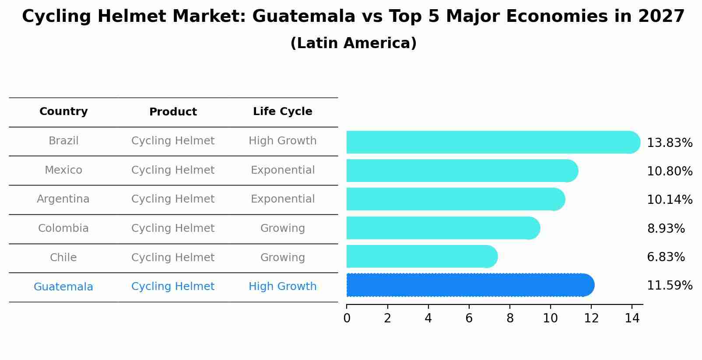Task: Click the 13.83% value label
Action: pos(669,143)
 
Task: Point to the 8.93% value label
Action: pos(666,228)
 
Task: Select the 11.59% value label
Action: pos(669,286)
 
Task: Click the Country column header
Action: pos(63,112)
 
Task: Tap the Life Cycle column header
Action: pos(282,112)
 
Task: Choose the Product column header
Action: pos(173,112)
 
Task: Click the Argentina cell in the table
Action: pos(63,199)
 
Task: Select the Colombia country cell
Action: pos(63,228)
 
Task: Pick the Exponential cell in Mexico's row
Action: pos(282,170)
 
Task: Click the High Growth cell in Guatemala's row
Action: pos(282,287)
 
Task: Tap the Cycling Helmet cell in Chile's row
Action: pos(173,258)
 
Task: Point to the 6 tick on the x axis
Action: pos(469,318)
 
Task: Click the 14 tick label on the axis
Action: pos(632,318)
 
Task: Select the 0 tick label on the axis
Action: pos(347,318)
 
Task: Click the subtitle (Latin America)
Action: pos(353,43)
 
